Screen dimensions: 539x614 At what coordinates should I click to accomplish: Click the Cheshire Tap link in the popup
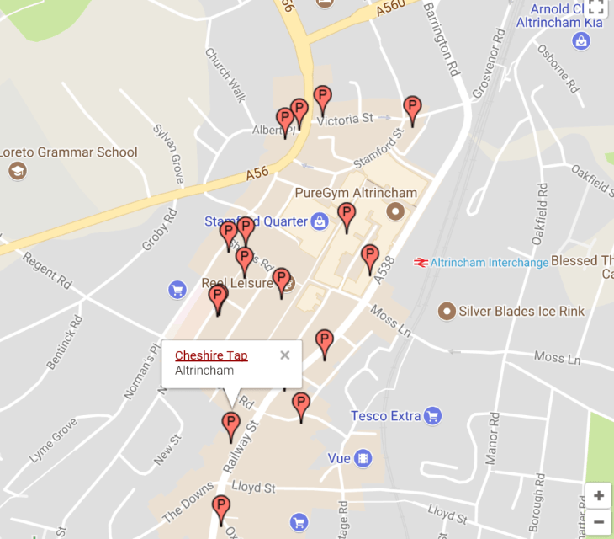coord(211,355)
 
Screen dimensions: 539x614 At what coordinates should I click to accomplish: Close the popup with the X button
coord(285,355)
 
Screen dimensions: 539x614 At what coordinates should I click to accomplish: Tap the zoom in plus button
coord(598,495)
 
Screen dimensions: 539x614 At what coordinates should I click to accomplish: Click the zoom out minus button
coord(598,522)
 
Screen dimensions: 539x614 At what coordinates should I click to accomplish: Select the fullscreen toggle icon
coord(596,8)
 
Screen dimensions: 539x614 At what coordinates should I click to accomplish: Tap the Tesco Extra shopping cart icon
coord(432,415)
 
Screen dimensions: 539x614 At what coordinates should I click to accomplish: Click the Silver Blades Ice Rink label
coord(521,312)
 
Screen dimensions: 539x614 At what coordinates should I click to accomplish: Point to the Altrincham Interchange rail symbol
coord(421,263)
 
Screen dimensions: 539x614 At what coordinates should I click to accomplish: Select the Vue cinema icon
coord(363,458)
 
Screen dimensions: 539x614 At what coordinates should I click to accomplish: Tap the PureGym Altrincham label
coord(356,193)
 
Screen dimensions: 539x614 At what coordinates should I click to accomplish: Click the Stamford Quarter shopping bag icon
coord(319,221)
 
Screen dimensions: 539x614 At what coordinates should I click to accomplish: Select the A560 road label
coord(391,9)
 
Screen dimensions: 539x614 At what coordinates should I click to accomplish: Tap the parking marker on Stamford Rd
coord(411,109)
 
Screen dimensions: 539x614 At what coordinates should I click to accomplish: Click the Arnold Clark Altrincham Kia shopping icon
coord(580,40)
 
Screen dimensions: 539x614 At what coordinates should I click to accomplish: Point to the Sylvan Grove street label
coord(168,154)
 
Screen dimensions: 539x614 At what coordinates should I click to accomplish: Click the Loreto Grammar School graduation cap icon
coord(17,171)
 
